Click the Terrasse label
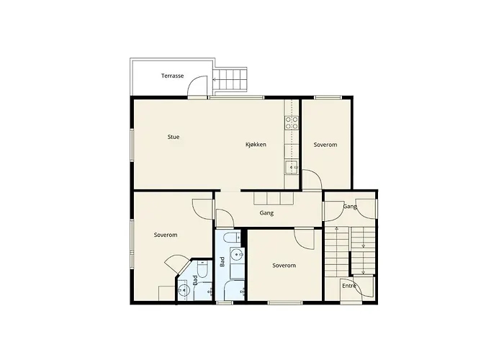tap(172, 76)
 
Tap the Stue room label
tap(174, 137)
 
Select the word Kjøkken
tap(256, 145)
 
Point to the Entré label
tap(349, 286)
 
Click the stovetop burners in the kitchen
tap(292, 123)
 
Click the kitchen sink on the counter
tap(292, 168)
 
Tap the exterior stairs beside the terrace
tap(230, 79)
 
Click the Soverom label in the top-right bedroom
tap(325, 145)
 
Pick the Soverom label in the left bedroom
tap(166, 235)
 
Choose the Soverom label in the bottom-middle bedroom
tap(284, 266)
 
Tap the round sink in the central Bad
tap(237, 255)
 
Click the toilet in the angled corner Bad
tap(203, 269)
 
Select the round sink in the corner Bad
tap(184, 290)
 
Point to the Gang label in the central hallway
tap(266, 213)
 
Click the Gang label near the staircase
tap(350, 207)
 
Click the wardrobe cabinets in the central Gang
tap(274, 198)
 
